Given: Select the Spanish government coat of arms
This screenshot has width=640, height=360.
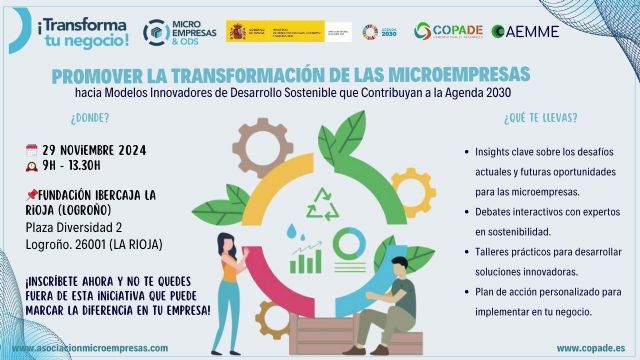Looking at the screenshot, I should (237, 31).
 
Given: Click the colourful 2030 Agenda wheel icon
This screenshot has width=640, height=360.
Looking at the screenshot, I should (370, 31).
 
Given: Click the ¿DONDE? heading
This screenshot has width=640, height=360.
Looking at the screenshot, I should (63, 117).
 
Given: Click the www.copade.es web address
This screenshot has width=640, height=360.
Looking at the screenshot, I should (585, 347).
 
